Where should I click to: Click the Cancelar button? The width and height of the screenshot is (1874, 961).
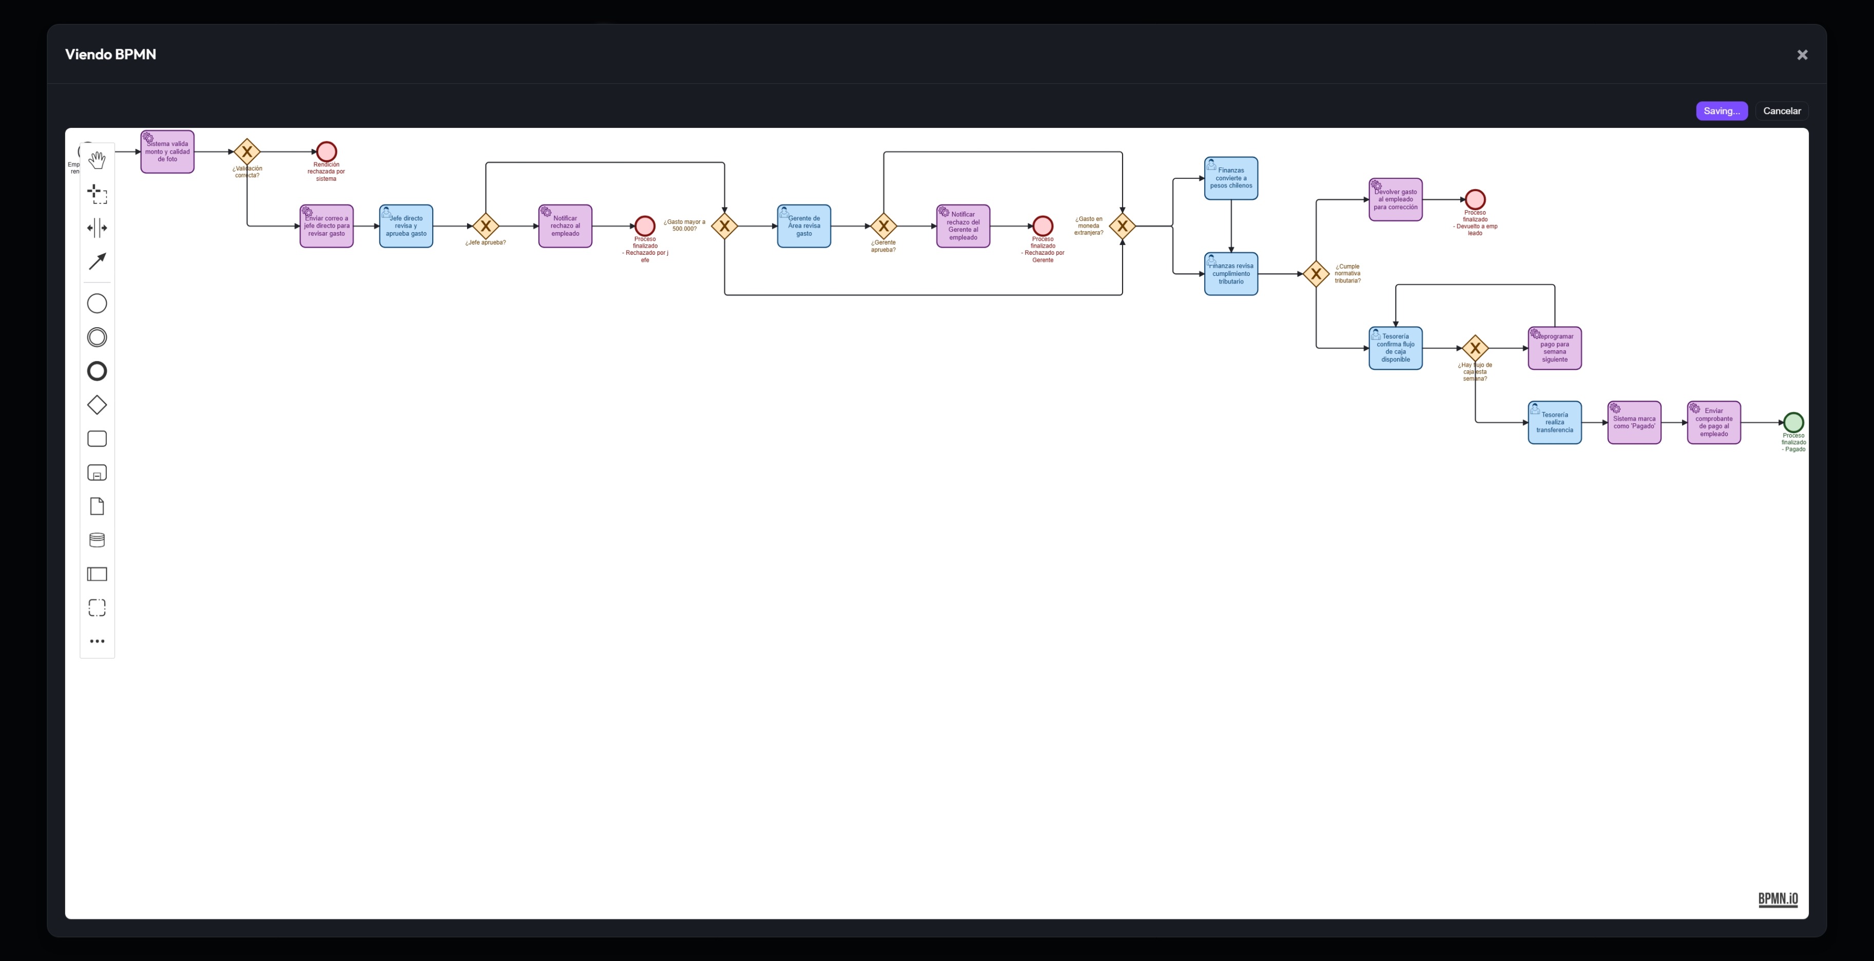tap(1781, 110)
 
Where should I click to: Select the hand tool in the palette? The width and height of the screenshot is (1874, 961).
tap(97, 159)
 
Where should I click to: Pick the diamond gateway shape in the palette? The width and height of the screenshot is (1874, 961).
tap(97, 405)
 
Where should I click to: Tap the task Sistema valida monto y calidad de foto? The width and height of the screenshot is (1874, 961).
tap(167, 152)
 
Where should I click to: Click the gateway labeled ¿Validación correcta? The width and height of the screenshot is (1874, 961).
tap(246, 152)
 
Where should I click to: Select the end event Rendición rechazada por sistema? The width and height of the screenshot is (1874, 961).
tap(326, 152)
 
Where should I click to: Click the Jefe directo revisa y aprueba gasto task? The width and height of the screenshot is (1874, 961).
tap(406, 225)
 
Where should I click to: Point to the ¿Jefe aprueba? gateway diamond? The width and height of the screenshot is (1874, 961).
tap(485, 225)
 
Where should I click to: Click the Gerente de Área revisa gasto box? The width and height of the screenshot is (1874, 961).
tap(803, 225)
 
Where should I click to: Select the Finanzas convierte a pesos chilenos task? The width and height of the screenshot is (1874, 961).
tap(1231, 178)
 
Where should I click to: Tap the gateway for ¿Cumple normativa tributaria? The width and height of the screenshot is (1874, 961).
tap(1316, 274)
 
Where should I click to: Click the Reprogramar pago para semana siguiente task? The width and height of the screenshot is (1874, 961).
tap(1555, 348)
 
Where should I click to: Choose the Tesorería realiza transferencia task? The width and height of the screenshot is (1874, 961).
tap(1555, 422)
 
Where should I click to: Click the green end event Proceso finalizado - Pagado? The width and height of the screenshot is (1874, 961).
tap(1793, 422)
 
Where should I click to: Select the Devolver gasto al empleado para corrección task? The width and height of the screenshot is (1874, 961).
tap(1395, 199)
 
